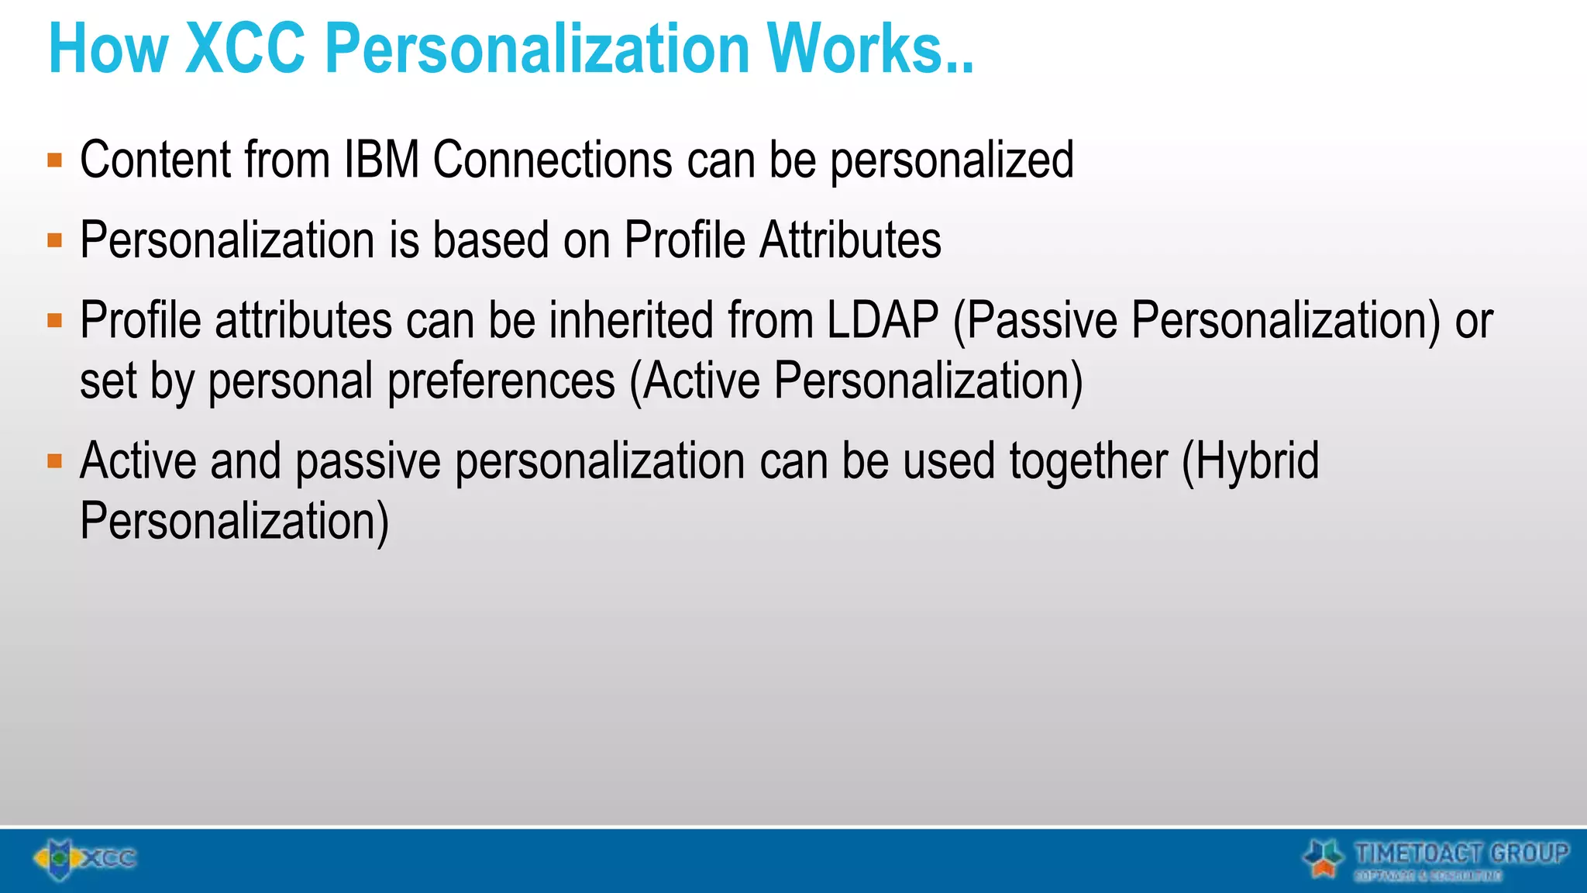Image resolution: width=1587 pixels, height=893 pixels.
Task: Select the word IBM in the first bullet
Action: pos(381,160)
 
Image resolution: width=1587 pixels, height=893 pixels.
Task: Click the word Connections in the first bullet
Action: pos(553,160)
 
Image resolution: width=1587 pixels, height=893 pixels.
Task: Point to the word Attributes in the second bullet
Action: pos(850,240)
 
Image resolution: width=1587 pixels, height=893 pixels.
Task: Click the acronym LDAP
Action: pos(882,319)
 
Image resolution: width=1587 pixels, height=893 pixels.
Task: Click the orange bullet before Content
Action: pos(54,160)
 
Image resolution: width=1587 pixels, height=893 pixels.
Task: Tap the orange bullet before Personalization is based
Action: pos(54,240)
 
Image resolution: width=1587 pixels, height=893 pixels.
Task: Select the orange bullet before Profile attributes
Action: pos(54,320)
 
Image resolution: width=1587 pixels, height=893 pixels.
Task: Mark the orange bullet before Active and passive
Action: pos(54,462)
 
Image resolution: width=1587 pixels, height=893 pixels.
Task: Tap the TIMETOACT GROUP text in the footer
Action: pos(1461,853)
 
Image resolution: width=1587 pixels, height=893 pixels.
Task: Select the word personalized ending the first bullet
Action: pos(952,161)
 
